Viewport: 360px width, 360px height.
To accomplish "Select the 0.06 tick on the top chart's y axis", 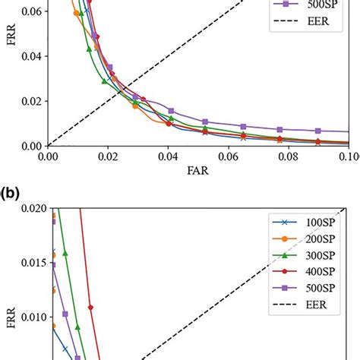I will tap(30, 11).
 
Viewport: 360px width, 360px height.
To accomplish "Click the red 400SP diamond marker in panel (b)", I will tap(91, 308).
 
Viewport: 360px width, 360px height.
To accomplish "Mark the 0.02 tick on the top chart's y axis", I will tap(30, 101).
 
